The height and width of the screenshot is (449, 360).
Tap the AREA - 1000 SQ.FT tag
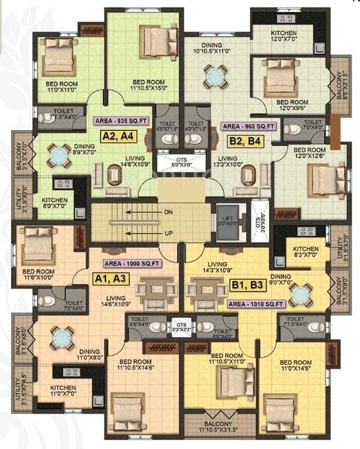coord(132,263)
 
